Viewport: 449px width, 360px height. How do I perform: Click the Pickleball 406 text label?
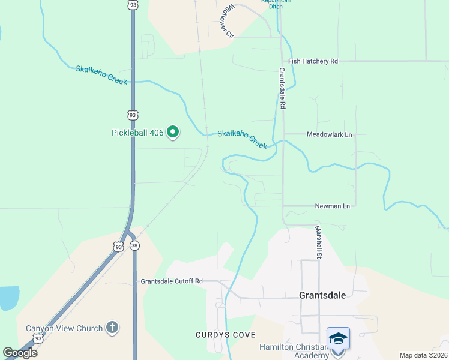137,133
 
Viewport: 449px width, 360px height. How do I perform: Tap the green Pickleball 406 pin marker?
173,131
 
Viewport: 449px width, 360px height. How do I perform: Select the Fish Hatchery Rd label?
313,61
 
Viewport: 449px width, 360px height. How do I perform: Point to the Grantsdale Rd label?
282,88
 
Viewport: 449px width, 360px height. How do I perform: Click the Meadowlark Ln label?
329,134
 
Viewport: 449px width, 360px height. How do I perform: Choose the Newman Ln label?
332,206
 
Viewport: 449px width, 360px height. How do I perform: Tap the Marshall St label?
319,242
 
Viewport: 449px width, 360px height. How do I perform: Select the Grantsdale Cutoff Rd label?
172,281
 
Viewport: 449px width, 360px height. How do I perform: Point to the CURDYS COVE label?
219,334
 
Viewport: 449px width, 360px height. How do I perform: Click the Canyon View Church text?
64,328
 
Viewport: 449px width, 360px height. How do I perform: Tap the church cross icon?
112,328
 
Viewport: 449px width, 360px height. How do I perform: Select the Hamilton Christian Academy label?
294,351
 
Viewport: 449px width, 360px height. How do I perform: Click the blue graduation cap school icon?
338,338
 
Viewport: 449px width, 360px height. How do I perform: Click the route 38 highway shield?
134,245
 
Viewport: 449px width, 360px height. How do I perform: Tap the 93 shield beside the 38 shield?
119,246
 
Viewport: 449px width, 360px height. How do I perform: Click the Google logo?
20,353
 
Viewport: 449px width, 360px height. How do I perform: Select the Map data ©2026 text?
423,355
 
